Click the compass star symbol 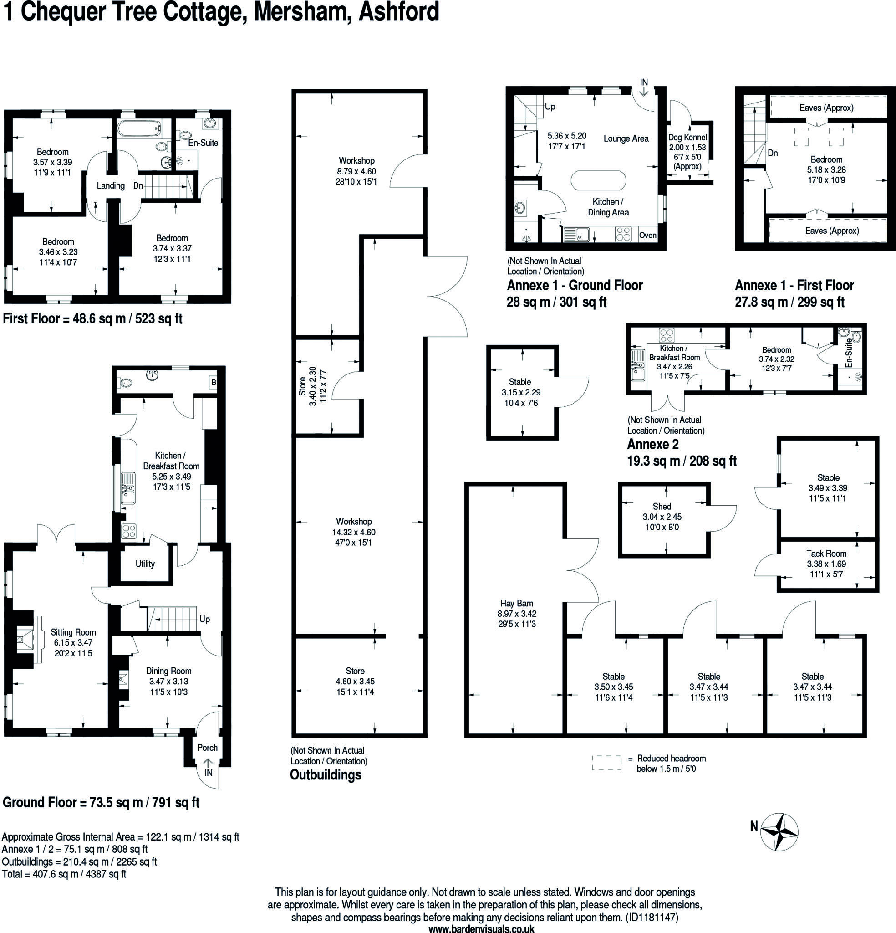click(x=779, y=832)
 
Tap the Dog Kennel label click(x=687, y=138)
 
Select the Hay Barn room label click(x=517, y=603)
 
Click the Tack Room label click(x=826, y=553)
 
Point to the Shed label click(x=662, y=507)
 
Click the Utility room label click(x=145, y=564)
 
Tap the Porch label click(x=208, y=747)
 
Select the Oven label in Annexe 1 click(x=647, y=235)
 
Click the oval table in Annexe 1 click(x=598, y=181)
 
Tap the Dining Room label click(x=168, y=671)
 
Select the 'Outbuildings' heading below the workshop click(x=326, y=774)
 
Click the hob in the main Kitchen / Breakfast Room click(x=129, y=531)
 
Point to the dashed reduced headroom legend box click(x=607, y=763)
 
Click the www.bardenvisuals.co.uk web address click(x=481, y=929)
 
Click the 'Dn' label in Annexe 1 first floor click(x=773, y=153)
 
